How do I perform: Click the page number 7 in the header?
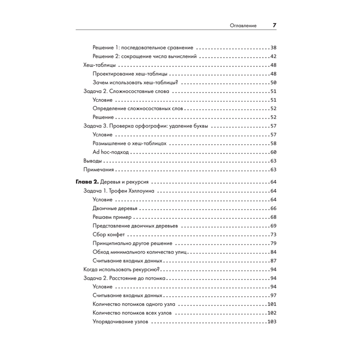pyautogui.click(x=274, y=26)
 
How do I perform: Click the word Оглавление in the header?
pyautogui.click(x=243, y=26)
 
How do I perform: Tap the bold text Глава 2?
pyautogui.click(x=87, y=182)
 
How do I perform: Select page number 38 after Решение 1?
pyautogui.click(x=273, y=48)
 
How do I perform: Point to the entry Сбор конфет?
pyautogui.click(x=109, y=235)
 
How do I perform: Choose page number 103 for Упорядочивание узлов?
pyautogui.click(x=271, y=322)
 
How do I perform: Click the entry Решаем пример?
pyautogui.click(x=112, y=217)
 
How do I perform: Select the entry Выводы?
pyautogui.click(x=92, y=161)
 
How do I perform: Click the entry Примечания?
pyautogui.click(x=99, y=169)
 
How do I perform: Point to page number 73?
pyautogui.click(x=273, y=235)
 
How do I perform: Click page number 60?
pyautogui.click(x=273, y=152)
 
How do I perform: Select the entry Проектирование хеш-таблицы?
pyautogui.click(x=130, y=74)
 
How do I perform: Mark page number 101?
pyautogui.click(x=271, y=305)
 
